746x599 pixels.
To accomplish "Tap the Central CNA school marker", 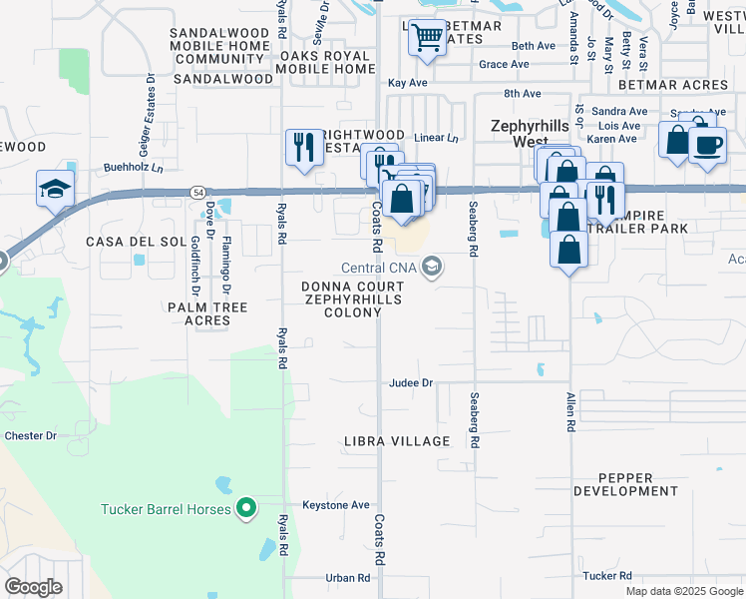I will coord(432,267).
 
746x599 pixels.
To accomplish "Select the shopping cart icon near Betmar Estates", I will coord(427,38).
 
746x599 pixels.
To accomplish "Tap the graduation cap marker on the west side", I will coord(54,188).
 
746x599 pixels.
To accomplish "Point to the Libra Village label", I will coord(396,441).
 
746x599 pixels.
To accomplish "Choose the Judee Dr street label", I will coord(411,382).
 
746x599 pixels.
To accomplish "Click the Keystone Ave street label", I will coord(336,505).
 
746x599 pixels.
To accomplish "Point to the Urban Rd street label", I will coord(348,577).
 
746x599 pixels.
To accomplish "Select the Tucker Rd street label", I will coord(607,576).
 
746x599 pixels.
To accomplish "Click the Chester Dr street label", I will coord(31,436).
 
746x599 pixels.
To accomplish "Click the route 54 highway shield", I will coord(199,191).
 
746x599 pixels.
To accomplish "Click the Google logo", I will coord(34,587).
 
